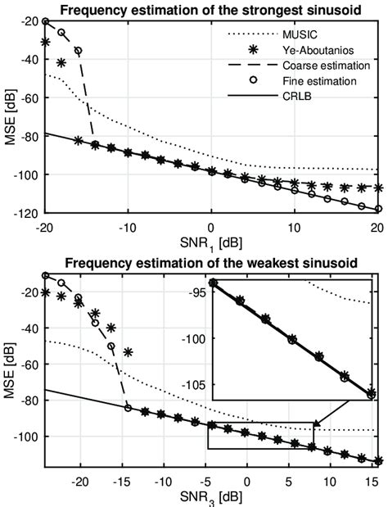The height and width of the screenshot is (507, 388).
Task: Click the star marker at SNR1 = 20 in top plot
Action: pyautogui.click(x=377, y=188)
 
